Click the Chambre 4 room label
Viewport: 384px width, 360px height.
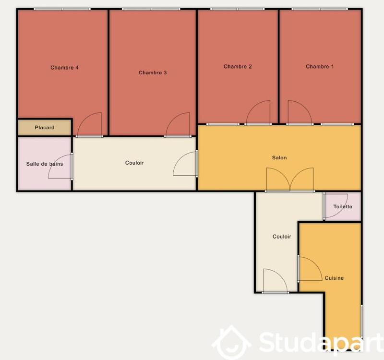[x=64, y=68]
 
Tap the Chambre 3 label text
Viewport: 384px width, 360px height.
[x=153, y=73]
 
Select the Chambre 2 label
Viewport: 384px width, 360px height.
[x=238, y=67]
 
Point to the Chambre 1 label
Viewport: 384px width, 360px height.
[x=320, y=67]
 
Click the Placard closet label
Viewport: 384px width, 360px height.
[x=45, y=128]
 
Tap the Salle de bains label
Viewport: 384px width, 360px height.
[x=44, y=164]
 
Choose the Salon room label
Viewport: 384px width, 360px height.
[x=279, y=157]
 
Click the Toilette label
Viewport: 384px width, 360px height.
[x=343, y=207]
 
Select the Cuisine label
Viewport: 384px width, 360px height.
[x=334, y=278]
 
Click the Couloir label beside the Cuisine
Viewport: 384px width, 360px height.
[x=282, y=237]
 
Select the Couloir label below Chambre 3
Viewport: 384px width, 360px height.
[x=134, y=163]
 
